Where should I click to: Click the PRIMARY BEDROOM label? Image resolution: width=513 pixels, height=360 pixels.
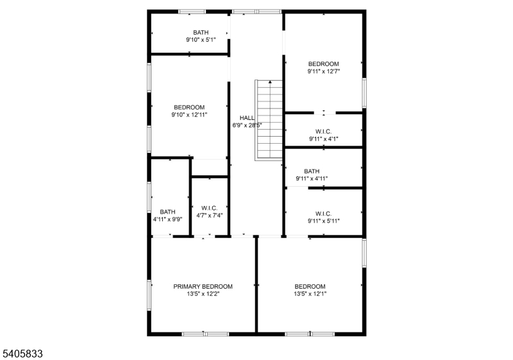203,286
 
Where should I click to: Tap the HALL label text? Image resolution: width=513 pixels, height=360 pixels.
247,118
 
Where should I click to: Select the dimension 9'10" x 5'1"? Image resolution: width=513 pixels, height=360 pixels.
201,40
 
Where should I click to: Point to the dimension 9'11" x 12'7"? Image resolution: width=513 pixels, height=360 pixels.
324,71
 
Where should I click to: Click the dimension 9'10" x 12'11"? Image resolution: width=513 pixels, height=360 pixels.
189,114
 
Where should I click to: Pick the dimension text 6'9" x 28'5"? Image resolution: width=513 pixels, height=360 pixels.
247,125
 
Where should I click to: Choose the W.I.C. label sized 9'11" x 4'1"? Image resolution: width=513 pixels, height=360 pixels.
324,132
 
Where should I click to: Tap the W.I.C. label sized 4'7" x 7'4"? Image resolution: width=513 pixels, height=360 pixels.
210,208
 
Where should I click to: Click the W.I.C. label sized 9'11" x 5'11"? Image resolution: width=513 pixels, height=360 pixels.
324,214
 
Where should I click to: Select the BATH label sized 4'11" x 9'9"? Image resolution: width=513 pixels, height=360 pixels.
167,212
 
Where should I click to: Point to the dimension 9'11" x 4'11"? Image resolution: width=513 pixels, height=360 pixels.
312,178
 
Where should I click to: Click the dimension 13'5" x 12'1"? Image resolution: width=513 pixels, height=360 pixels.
310,293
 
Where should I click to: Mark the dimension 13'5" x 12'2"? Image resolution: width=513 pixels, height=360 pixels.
203,293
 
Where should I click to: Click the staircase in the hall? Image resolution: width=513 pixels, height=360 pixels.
269,121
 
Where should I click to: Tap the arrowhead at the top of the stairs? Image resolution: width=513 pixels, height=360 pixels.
270,82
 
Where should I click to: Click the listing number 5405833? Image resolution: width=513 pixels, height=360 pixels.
22,354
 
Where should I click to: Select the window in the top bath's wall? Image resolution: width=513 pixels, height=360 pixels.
192,12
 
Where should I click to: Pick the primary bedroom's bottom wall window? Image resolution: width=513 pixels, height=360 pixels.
205,334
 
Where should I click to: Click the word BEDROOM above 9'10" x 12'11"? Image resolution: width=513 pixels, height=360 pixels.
189,107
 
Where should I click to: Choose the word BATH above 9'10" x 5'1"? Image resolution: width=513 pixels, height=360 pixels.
201,32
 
